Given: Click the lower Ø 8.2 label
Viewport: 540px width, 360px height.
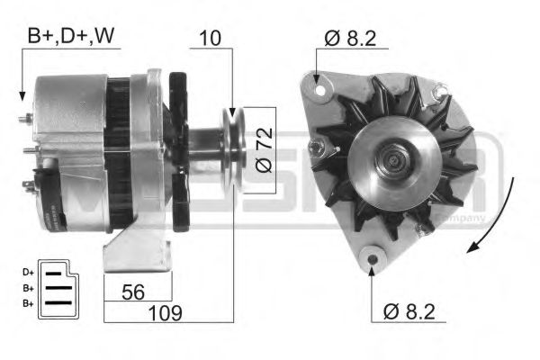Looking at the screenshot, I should point(410,312).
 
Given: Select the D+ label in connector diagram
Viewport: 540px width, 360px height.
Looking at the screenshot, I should point(29,270).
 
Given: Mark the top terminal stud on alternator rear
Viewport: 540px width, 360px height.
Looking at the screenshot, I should point(28,118).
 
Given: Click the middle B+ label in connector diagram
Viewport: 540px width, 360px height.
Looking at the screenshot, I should point(29,287).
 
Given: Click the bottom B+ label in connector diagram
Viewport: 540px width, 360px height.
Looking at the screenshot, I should point(29,303).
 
